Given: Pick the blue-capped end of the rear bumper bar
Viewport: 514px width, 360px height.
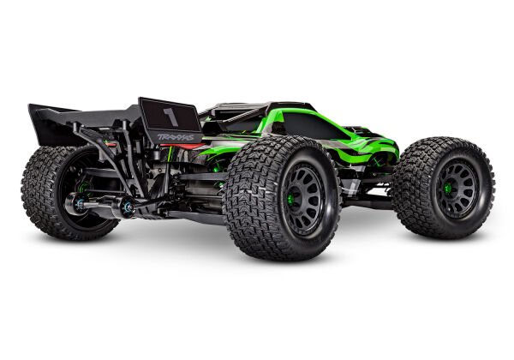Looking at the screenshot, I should pyautogui.click(x=128, y=207).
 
